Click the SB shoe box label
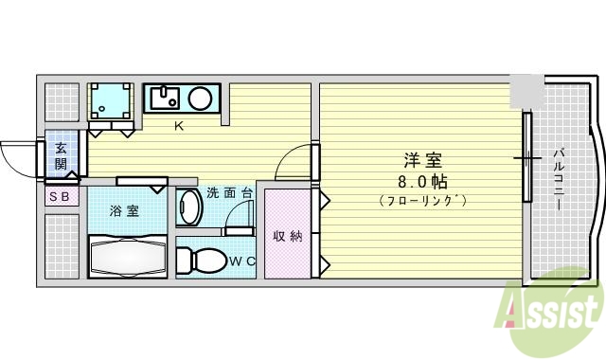[59, 197]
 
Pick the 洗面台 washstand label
[230, 191]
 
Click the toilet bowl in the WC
[198, 259]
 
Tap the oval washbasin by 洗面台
[187, 207]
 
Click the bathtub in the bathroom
[128, 256]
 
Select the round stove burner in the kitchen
[201, 97]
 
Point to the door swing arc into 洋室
[292, 161]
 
